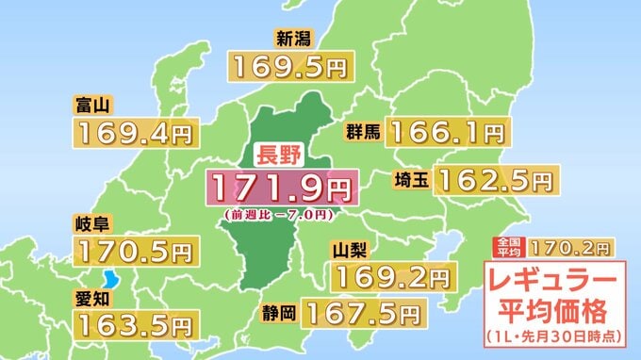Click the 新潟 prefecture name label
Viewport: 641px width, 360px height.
293,39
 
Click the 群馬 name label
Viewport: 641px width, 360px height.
362,132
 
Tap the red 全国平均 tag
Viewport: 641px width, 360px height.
507,248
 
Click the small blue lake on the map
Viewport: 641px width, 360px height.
113,280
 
